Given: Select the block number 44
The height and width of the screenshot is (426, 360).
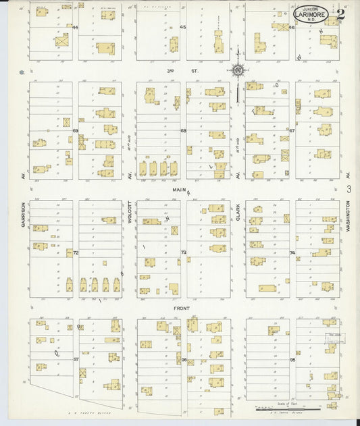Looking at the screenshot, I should pyautogui.click(x=76, y=27).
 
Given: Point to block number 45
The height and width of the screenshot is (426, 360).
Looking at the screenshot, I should pyautogui.click(x=183, y=27).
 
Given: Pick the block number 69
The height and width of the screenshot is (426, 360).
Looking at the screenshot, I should pyautogui.click(x=76, y=130).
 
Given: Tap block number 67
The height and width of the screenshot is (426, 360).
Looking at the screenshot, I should pyautogui.click(x=292, y=130).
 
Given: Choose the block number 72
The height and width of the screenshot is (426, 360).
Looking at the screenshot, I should pyautogui.click(x=76, y=252).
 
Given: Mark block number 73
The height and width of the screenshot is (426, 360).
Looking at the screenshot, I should pyautogui.click(x=183, y=252).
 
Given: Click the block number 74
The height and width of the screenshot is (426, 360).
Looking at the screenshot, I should pyautogui.click(x=292, y=252).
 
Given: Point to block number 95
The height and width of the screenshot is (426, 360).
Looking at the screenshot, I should pyautogui.click(x=292, y=359).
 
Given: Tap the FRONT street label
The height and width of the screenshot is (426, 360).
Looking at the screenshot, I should pyautogui.click(x=180, y=308).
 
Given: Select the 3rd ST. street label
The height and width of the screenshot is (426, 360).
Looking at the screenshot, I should pyautogui.click(x=176, y=70).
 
